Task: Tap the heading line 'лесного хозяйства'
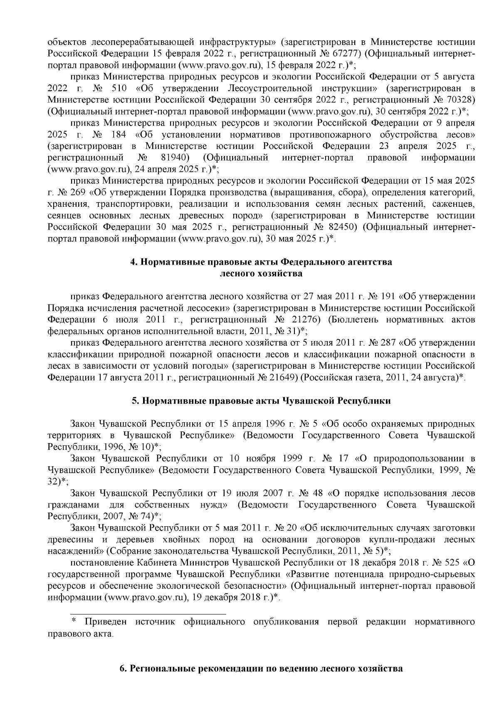[261, 274]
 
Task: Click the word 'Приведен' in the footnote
[107, 622]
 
